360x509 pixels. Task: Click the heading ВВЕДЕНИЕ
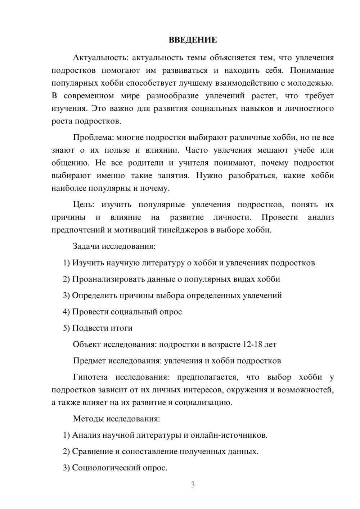pos(193,40)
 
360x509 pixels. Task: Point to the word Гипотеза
pos(90,377)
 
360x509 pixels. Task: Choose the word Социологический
pos(102,468)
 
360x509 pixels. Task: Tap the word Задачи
pos(86,247)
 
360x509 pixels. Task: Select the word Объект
pos(87,344)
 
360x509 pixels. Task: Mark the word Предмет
pos(89,361)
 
